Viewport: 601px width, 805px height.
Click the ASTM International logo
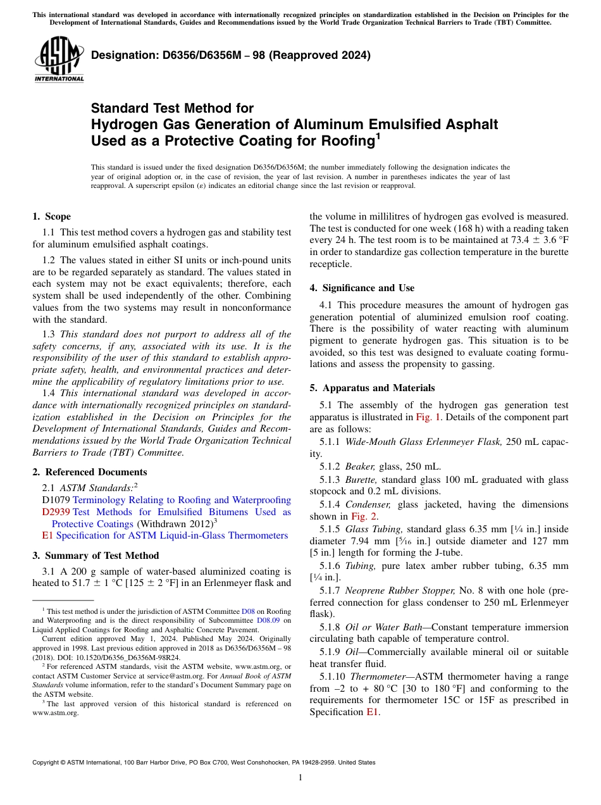59,60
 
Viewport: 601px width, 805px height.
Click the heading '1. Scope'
51,216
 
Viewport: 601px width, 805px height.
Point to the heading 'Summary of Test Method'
102,556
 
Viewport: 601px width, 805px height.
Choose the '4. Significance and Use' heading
362,288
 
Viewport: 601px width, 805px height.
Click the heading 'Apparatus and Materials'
378,388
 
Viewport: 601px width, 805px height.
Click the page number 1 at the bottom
300,777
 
